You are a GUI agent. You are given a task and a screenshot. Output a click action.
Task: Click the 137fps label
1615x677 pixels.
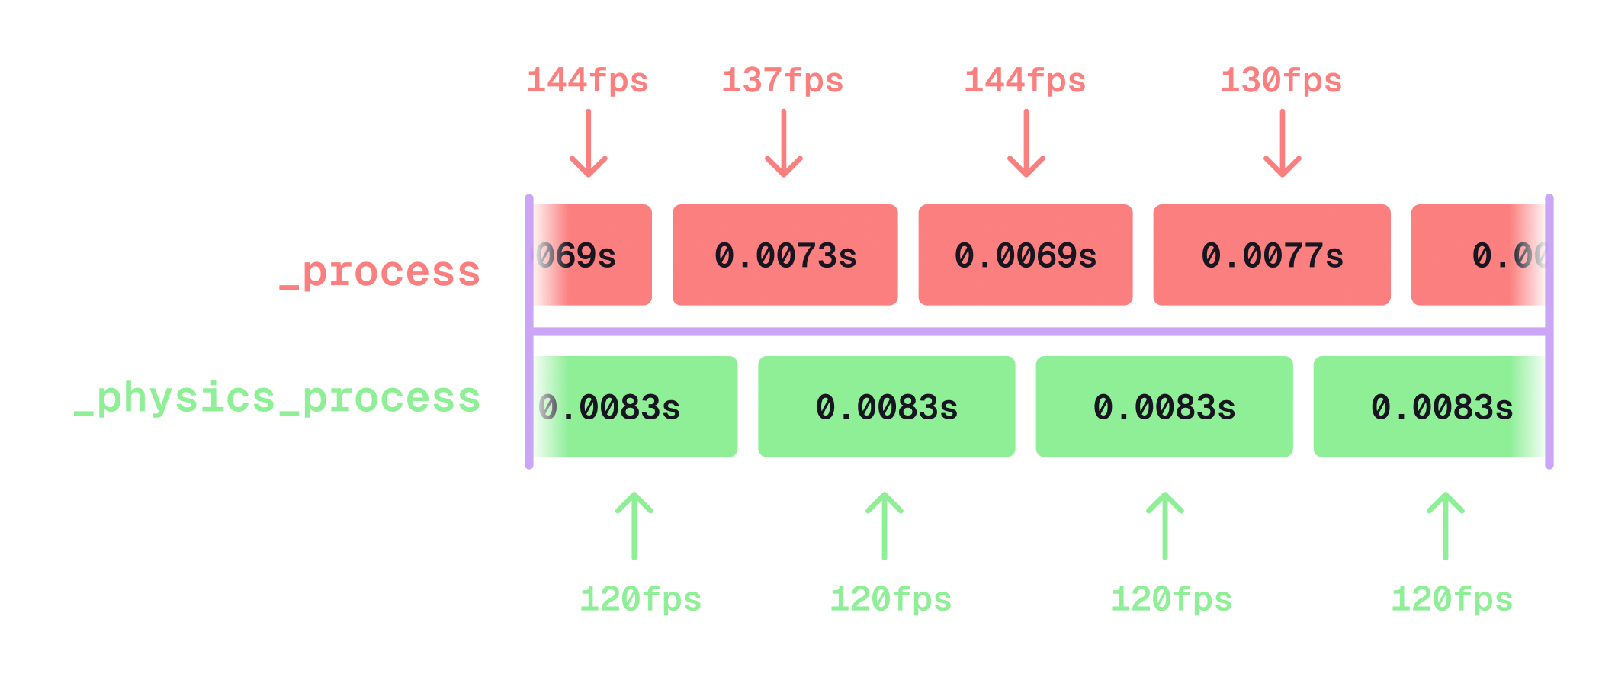tap(782, 81)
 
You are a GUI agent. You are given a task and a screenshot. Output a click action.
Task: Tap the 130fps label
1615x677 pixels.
tap(1281, 81)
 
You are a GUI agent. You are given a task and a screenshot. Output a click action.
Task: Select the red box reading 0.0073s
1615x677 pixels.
tap(785, 255)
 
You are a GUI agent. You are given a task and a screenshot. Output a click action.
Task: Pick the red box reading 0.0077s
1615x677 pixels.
tap(1271, 255)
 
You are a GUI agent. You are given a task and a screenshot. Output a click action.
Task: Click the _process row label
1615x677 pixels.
tap(380, 272)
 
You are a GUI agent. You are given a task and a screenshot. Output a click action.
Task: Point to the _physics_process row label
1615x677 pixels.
tap(278, 398)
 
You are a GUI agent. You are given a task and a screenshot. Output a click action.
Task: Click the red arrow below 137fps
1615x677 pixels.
tap(784, 143)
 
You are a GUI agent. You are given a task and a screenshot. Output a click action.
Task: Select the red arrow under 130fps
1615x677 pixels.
tap(1283, 143)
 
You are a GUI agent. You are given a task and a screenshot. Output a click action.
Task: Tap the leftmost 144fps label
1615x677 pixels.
tap(587, 81)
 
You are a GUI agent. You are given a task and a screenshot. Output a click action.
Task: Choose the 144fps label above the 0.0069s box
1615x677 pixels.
tap(1025, 81)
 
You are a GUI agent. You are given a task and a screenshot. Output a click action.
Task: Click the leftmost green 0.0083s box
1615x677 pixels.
tap(634, 406)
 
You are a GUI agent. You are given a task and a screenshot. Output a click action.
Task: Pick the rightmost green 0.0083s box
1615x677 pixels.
tap(1429, 406)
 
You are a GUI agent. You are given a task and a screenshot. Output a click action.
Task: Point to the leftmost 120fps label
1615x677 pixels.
tap(641, 599)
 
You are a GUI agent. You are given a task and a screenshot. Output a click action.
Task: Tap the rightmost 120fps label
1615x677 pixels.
tap(1452, 599)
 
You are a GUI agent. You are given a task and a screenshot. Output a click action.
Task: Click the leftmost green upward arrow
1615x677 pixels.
tap(634, 526)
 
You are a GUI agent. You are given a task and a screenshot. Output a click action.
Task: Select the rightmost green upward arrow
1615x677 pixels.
tap(1446, 526)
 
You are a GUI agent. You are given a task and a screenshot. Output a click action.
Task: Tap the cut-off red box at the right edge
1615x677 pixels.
tap(1478, 255)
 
